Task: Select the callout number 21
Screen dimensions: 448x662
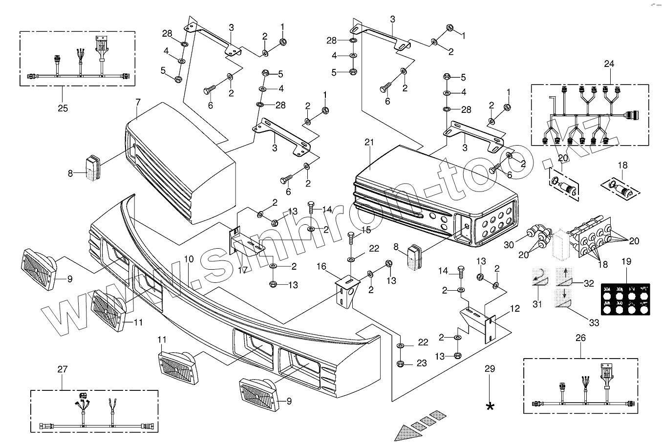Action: tap(369, 142)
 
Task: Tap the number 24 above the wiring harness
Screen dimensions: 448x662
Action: tap(609, 64)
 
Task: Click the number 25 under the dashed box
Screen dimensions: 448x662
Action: tap(63, 108)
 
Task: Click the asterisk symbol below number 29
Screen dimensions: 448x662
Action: tap(490, 406)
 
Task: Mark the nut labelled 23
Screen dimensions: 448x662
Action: tap(400, 363)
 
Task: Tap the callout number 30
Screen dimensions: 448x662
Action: tap(509, 245)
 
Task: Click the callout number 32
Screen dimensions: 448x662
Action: tap(588, 283)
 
